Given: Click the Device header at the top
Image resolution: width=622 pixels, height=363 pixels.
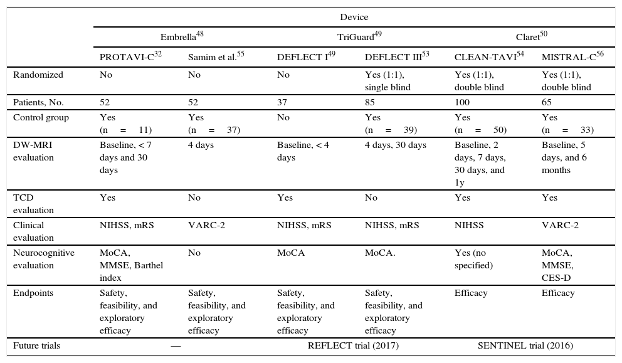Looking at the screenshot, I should coord(354,17).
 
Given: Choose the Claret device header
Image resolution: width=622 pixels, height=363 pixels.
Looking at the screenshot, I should coord(532,36).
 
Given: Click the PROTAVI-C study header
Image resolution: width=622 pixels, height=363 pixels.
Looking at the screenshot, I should coord(130,57).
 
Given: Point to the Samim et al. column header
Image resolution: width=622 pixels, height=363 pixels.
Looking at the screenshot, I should coord(216,57).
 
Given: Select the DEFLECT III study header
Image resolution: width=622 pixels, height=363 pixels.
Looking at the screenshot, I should coord(397,57).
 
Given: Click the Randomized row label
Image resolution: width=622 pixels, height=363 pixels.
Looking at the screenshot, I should coord(38,75).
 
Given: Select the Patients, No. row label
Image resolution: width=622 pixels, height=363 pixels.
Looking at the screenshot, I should coord(39,102).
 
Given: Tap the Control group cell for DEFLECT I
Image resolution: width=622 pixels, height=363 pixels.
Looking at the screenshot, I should coord(283,117).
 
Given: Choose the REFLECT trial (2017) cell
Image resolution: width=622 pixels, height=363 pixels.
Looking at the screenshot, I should coord(353,345).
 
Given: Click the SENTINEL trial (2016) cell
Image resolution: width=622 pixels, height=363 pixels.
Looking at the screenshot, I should coord(525,345).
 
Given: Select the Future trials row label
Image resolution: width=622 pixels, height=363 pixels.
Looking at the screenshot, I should coord(37,345).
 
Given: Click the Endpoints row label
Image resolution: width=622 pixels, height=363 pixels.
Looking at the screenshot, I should coord(33,293).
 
